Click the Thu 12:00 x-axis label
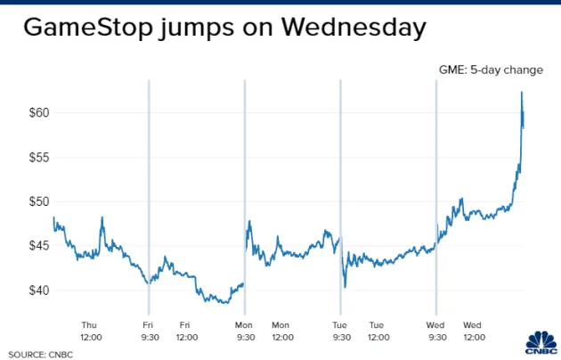(90, 331)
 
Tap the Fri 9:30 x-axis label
(148, 331)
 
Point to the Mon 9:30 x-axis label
(244, 331)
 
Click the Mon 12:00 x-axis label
(281, 331)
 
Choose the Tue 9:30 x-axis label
(340, 331)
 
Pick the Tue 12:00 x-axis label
(378, 331)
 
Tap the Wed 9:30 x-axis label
(435, 331)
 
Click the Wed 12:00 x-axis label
(474, 331)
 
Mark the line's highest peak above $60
(522, 93)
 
